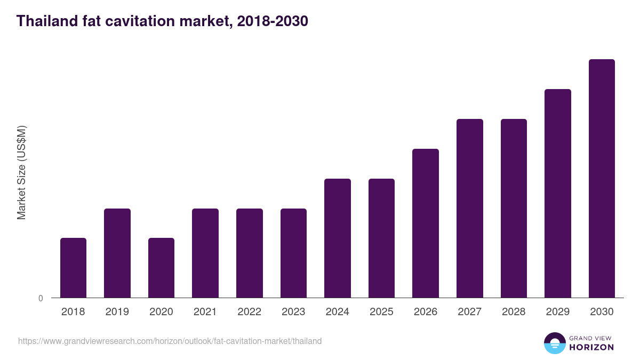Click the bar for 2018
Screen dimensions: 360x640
pyautogui.click(x=73, y=268)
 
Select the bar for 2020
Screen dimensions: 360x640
pyautogui.click(x=161, y=268)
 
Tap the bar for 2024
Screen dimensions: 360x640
pyautogui.click(x=338, y=238)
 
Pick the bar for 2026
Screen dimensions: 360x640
pyautogui.click(x=426, y=223)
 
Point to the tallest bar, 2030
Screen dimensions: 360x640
pyautogui.click(x=602, y=178)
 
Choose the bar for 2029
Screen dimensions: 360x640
pyautogui.click(x=558, y=193)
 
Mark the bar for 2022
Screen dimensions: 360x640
pyautogui.click(x=250, y=253)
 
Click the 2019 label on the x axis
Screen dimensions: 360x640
pyautogui.click(x=117, y=312)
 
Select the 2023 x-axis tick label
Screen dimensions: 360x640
pyautogui.click(x=293, y=312)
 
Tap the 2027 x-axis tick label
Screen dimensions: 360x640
pyautogui.click(x=470, y=312)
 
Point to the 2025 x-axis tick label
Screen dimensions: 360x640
pyautogui.click(x=381, y=312)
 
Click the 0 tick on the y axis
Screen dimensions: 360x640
pyautogui.click(x=41, y=299)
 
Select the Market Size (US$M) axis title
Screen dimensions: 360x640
pyautogui.click(x=21, y=172)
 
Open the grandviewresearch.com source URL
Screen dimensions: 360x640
pyautogui.click(x=170, y=341)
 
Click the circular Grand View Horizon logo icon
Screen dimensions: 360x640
pyautogui.click(x=555, y=343)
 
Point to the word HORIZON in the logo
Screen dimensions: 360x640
pyautogui.click(x=591, y=347)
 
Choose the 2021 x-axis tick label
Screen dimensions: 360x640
pyautogui.click(x=205, y=312)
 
